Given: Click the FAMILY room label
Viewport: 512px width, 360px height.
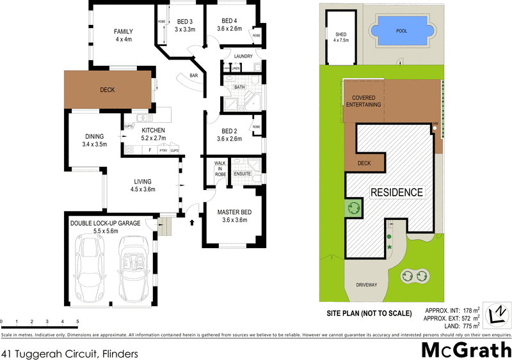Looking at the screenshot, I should [123, 32].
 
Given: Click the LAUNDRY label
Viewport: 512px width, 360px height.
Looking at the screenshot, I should [243, 57].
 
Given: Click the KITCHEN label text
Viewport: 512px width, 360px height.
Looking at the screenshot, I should [154, 130].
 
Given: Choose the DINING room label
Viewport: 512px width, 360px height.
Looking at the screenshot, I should [99, 136].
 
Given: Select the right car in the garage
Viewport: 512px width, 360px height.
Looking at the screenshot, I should [136, 269].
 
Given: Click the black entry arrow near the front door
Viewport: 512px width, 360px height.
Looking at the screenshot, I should [193, 223].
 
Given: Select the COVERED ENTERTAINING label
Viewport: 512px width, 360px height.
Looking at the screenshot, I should [362, 101].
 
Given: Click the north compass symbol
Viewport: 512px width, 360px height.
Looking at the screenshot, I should [497, 315].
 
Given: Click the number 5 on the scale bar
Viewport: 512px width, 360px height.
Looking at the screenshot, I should [77, 321].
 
